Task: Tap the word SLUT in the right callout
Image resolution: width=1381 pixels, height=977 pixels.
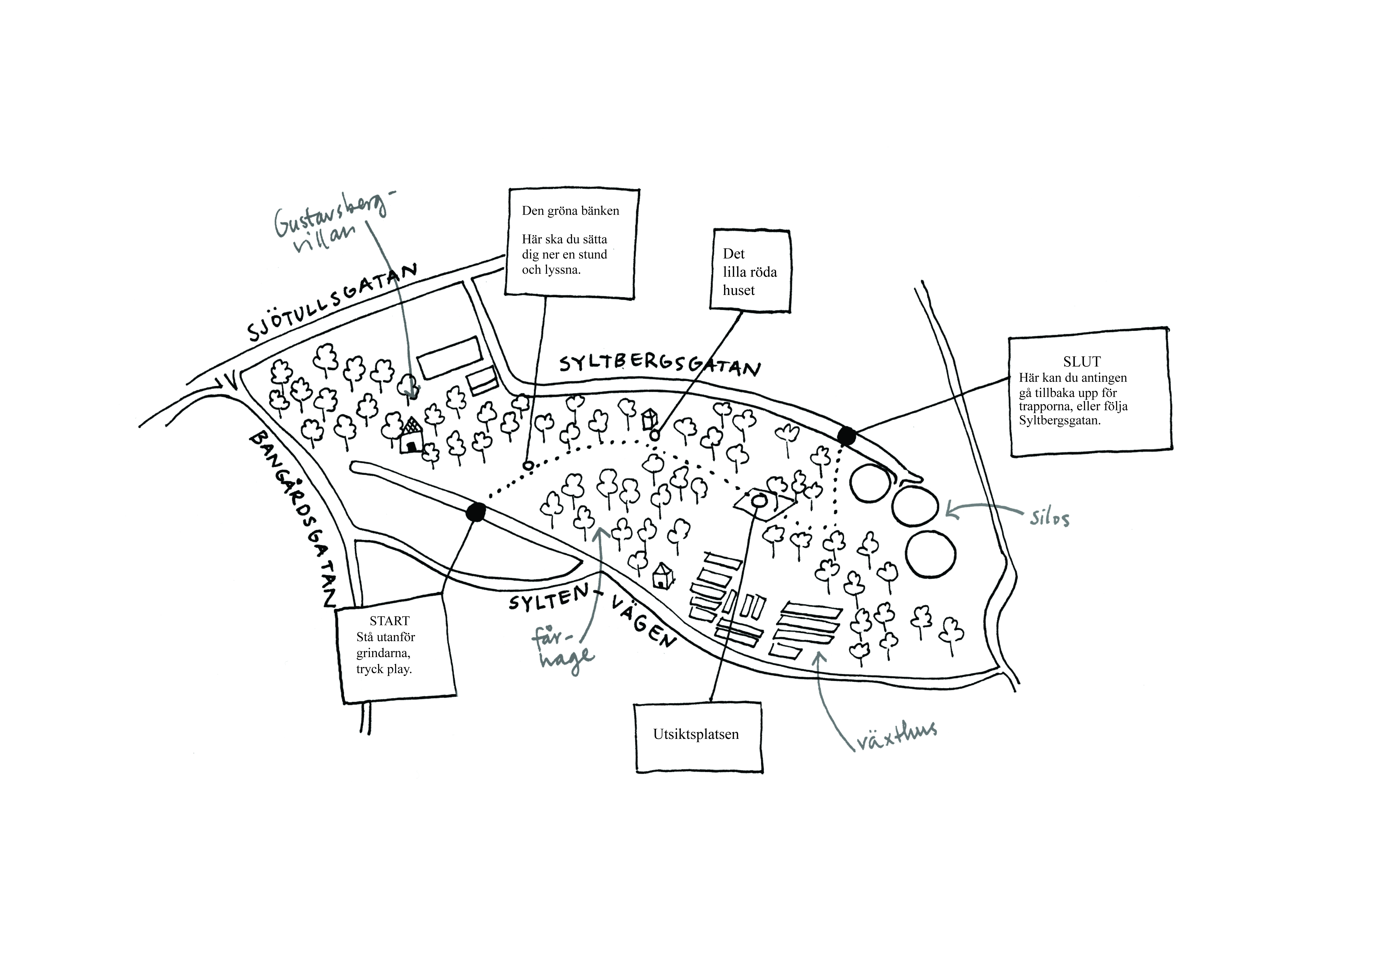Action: pyautogui.click(x=1081, y=362)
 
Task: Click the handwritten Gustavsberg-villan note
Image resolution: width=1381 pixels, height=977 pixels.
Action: pyautogui.click(x=330, y=224)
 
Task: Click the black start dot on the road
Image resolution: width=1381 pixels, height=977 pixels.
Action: pyautogui.click(x=475, y=512)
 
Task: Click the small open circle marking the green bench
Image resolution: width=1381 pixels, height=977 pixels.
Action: pyautogui.click(x=528, y=465)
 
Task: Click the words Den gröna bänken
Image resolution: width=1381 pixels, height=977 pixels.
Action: pyautogui.click(x=570, y=211)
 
